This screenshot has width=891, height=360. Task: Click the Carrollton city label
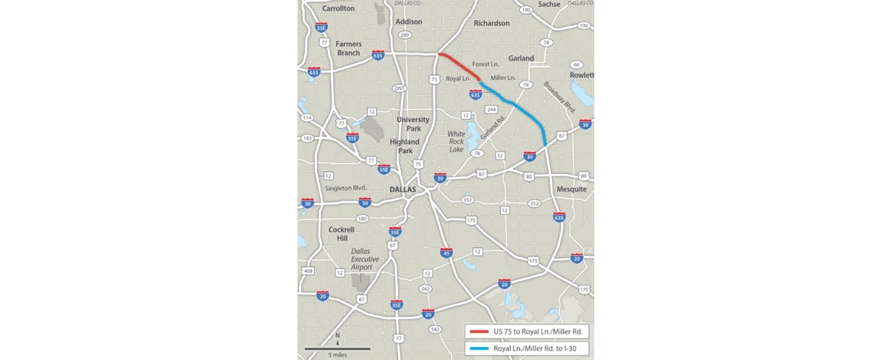(x=339, y=8)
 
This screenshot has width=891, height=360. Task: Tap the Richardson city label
(x=492, y=23)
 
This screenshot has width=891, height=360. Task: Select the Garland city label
(x=521, y=58)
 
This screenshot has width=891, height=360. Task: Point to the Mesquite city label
(x=572, y=189)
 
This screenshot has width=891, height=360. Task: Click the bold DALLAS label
(x=403, y=189)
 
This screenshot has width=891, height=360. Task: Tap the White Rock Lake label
(x=456, y=141)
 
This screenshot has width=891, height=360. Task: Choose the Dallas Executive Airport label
(x=365, y=259)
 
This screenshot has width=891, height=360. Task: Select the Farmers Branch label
(x=348, y=48)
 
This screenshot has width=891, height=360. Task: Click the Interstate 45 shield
(x=447, y=253)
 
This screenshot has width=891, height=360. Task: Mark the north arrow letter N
(x=337, y=334)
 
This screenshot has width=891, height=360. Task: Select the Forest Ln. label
(x=486, y=65)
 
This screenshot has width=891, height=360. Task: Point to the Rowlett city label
(x=581, y=75)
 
